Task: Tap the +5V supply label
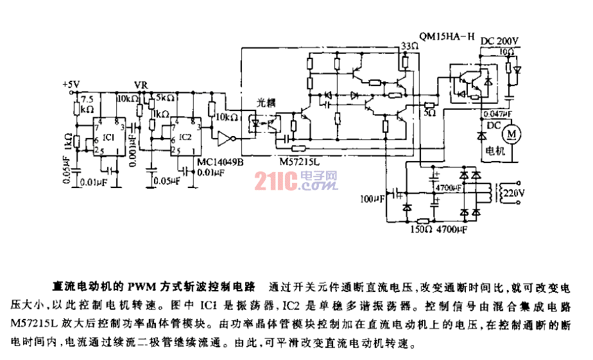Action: (x=71, y=85)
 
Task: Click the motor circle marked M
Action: (x=512, y=133)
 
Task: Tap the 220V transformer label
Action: (x=514, y=193)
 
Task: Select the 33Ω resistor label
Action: (x=408, y=46)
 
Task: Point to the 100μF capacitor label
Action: (x=372, y=199)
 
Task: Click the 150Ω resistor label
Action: (x=420, y=228)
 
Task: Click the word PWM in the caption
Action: (x=139, y=285)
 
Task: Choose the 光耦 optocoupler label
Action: (x=266, y=102)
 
